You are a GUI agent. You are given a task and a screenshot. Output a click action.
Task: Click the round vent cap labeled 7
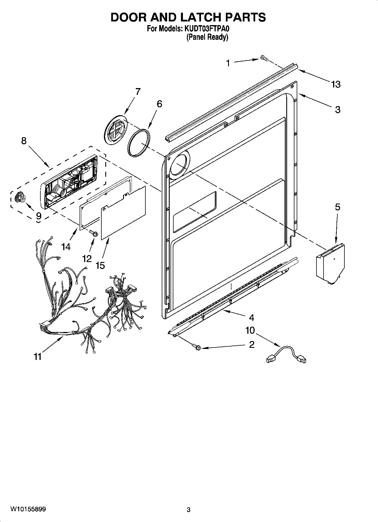[115, 130]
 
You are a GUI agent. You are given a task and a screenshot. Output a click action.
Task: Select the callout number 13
[336, 84]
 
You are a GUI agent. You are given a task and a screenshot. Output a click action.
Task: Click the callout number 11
[38, 357]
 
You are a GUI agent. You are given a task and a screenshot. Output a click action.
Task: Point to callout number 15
[100, 265]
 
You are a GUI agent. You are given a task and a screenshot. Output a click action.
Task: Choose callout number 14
[66, 247]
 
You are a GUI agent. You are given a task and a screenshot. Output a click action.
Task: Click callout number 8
[24, 141]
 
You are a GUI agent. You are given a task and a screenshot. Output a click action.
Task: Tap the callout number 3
[338, 110]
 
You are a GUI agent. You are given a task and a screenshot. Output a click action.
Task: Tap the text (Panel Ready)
[207, 37]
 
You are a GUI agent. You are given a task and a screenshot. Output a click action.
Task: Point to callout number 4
[251, 318]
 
